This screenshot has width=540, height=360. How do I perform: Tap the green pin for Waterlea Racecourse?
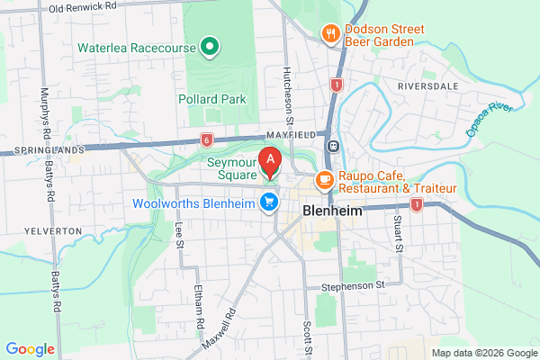210,45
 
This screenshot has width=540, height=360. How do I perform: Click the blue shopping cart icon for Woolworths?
267,202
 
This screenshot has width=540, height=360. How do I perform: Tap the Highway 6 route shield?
207,139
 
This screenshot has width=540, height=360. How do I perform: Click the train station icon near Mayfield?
332,146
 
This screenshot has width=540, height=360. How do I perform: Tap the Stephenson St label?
354,285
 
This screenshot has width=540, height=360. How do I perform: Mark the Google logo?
30,349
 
